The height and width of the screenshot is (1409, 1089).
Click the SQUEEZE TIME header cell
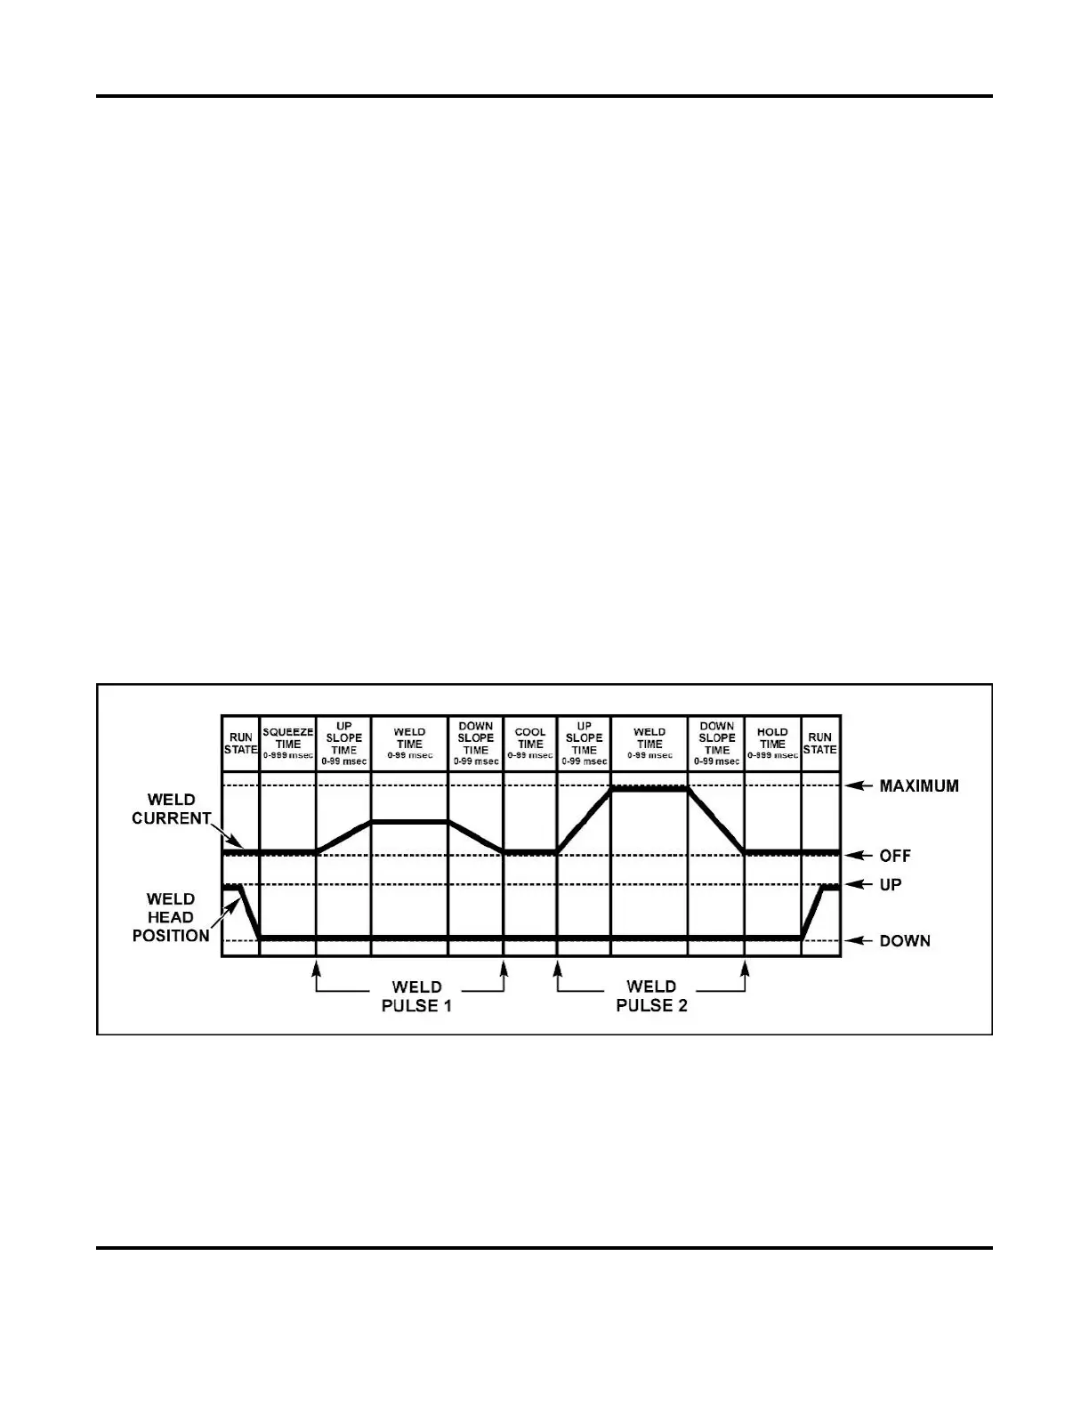coord(287,743)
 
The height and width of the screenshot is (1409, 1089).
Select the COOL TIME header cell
coord(530,743)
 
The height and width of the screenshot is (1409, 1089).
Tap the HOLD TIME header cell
coord(772,743)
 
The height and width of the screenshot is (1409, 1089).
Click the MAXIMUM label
coord(919,786)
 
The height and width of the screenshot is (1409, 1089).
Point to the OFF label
coord(895,856)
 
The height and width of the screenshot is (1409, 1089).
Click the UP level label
coord(891,885)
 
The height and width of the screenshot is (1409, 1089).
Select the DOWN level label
coord(905,941)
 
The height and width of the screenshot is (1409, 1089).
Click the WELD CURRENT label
coord(171,809)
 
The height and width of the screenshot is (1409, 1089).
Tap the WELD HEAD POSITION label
coord(171,917)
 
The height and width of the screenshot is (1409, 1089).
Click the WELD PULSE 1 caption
coord(416,996)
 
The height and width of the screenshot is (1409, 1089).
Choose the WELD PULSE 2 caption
coord(651,996)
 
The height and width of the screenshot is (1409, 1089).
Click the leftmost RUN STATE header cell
coord(240,743)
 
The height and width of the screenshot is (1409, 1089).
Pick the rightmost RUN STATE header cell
coord(820,743)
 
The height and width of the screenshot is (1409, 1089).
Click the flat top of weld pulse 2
coord(649,788)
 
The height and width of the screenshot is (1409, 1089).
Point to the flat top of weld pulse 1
coord(409,822)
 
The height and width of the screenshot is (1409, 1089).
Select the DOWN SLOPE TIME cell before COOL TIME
coord(476,743)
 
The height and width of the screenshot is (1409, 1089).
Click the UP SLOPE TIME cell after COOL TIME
coord(584,743)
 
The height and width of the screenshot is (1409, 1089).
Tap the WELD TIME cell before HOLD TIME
coord(649,743)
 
